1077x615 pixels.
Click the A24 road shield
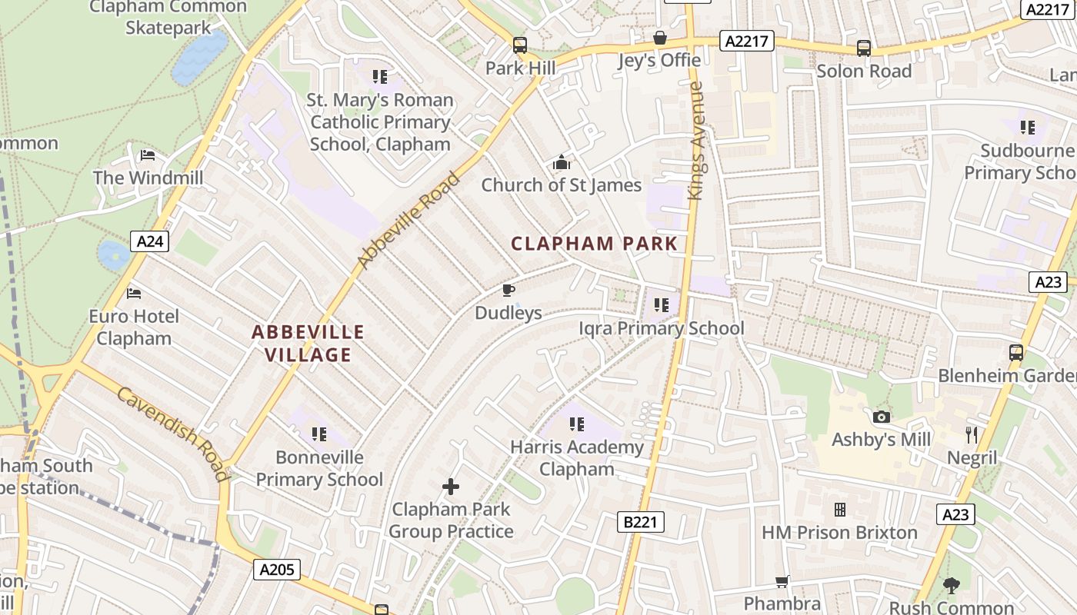pyautogui.click(x=149, y=241)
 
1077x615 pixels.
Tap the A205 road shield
pyautogui.click(x=277, y=570)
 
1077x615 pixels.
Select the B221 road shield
pyautogui.click(x=640, y=523)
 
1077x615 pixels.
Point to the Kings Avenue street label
pyautogui.click(x=696, y=141)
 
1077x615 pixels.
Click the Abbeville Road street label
pyautogui.click(x=408, y=221)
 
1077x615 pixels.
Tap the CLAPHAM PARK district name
pyautogui.click(x=595, y=244)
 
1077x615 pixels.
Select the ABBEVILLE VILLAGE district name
pyautogui.click(x=308, y=344)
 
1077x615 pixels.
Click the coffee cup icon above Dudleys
pyautogui.click(x=508, y=290)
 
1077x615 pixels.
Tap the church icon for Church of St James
pyautogui.click(x=562, y=163)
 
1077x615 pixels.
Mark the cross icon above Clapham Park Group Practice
pyautogui.click(x=451, y=487)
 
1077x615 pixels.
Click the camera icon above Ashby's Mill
pyautogui.click(x=882, y=417)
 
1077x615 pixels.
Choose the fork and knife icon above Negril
pyautogui.click(x=972, y=435)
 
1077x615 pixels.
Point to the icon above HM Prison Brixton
pyautogui.click(x=839, y=510)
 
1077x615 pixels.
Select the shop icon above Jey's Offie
pyautogui.click(x=659, y=38)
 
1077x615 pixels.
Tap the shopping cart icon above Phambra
pyautogui.click(x=782, y=581)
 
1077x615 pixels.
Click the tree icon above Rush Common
pyautogui.click(x=952, y=586)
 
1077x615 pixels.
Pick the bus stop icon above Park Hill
pyautogui.click(x=520, y=45)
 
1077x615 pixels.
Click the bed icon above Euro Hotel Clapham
pyautogui.click(x=134, y=294)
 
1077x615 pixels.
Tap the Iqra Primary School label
pyautogui.click(x=662, y=328)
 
